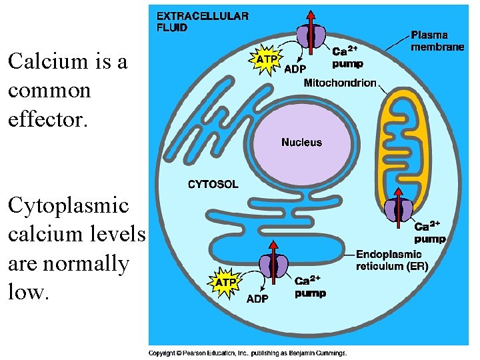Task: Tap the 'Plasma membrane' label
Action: [437, 41]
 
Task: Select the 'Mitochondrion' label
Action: [339, 83]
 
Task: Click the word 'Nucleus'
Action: [301, 142]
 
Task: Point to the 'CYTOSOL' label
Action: [213, 184]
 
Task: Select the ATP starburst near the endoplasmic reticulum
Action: [225, 282]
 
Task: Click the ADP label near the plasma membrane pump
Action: [295, 68]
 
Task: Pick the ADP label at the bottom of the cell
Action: [257, 299]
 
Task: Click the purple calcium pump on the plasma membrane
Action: [311, 35]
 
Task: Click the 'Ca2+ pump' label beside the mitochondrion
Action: [430, 233]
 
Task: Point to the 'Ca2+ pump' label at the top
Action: [348, 57]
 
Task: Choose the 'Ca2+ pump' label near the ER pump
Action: [310, 286]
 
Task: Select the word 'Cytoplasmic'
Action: [68, 205]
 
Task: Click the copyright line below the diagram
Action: [247, 353]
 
